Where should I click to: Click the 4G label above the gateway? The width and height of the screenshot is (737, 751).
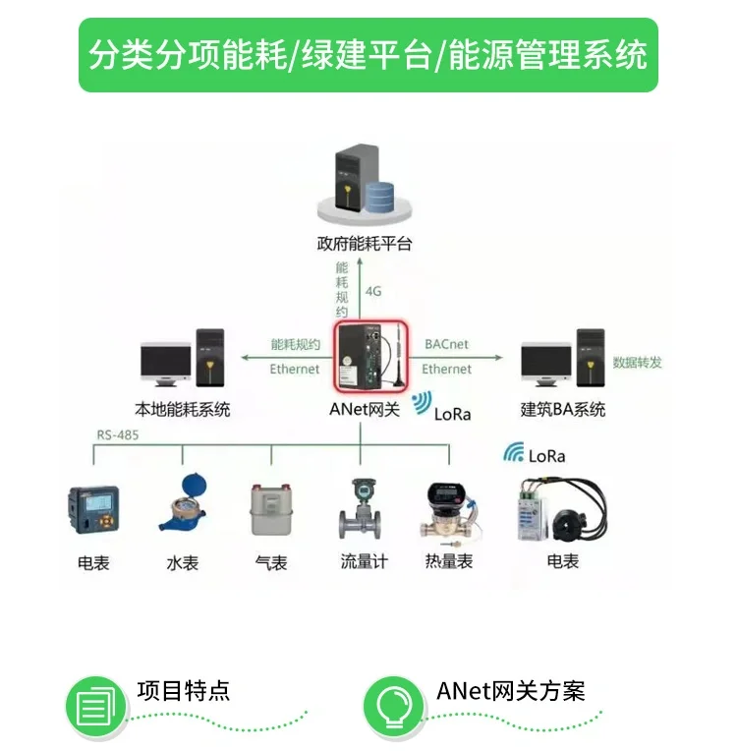[x=373, y=292]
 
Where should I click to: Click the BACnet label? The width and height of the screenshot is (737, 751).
[x=446, y=345]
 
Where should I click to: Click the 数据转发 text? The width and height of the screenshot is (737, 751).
[x=637, y=362]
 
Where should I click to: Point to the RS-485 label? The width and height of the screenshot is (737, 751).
[x=117, y=433]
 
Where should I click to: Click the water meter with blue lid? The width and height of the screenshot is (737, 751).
[x=185, y=505]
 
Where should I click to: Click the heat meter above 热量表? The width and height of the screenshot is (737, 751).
[x=447, y=509]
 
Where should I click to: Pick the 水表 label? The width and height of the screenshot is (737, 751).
[x=183, y=563]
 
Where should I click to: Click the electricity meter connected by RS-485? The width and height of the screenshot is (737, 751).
[x=94, y=510]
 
